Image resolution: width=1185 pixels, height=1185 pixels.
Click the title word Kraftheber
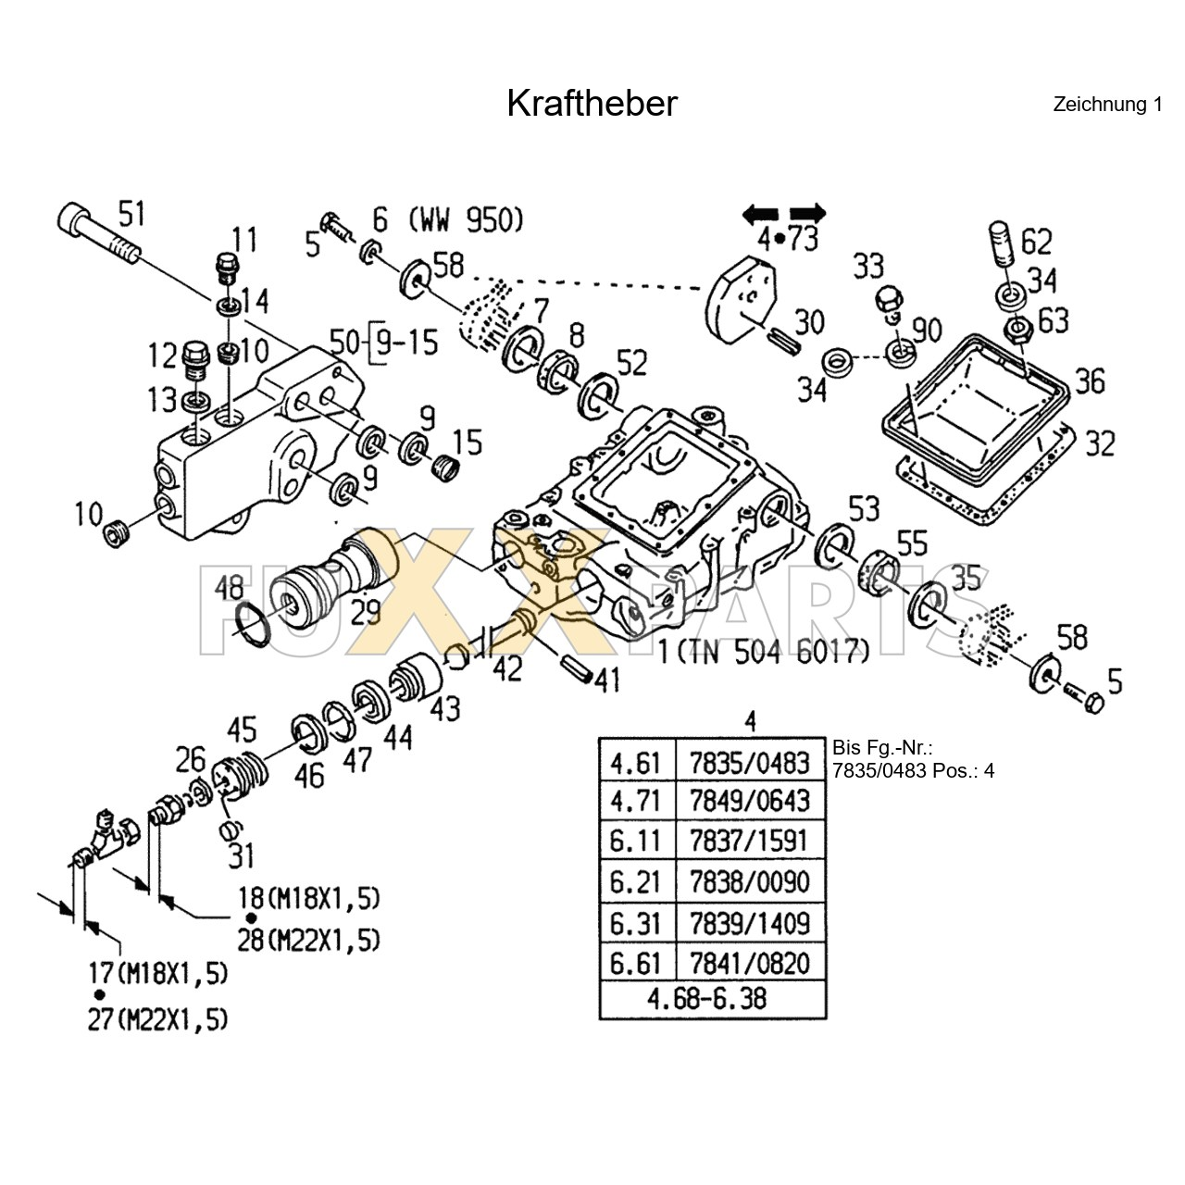point(592,104)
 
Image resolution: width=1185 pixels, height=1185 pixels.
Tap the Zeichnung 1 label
point(1107,105)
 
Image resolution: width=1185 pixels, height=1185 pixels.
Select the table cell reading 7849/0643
point(750,801)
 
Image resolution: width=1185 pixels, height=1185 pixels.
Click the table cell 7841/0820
point(750,963)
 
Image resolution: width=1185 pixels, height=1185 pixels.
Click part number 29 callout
point(366,612)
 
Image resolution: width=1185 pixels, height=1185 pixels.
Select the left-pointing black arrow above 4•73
point(761,215)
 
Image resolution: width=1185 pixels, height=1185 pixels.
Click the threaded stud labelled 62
point(1002,243)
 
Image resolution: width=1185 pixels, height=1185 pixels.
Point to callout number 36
point(1091,381)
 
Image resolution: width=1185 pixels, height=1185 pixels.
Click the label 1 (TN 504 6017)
point(765,652)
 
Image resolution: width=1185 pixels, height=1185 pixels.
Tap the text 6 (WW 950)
point(448,219)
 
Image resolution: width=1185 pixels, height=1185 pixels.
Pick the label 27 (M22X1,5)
point(158,1020)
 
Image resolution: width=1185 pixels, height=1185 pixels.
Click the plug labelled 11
point(228,268)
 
